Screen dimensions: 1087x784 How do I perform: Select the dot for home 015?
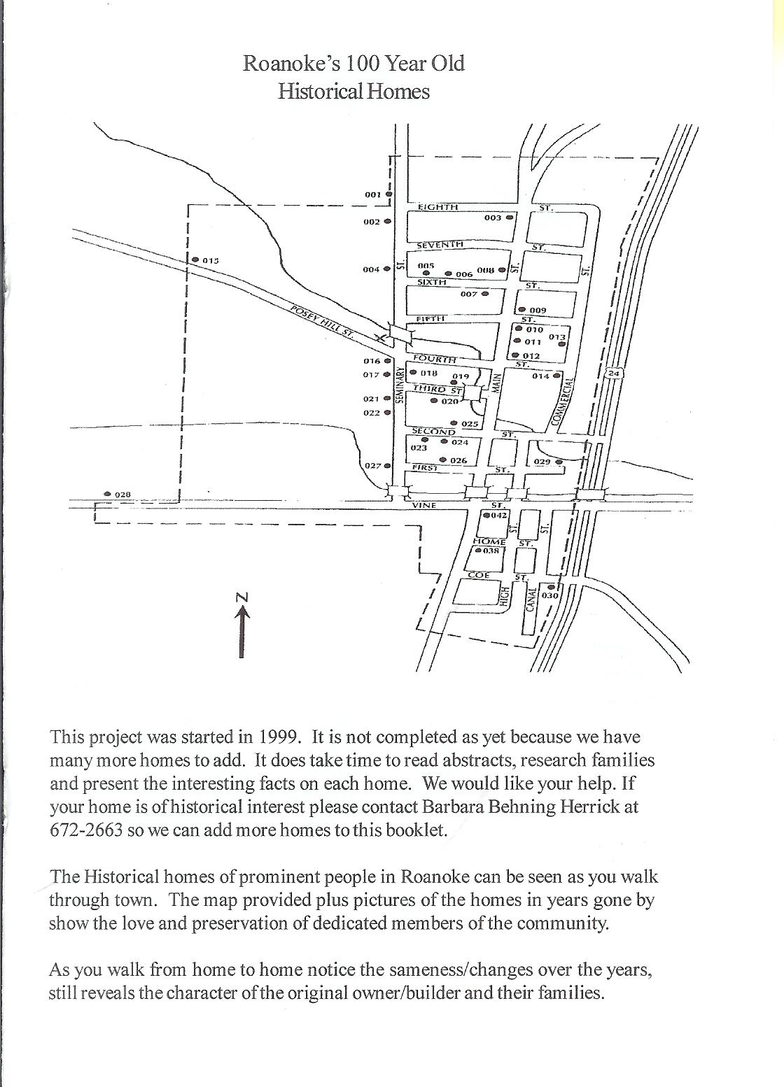[x=195, y=260]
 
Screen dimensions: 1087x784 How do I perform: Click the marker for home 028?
[x=107, y=494]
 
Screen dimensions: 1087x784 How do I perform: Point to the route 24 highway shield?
[x=614, y=373]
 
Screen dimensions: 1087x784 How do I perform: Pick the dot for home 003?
[x=510, y=218]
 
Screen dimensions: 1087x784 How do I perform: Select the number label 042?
[x=499, y=516]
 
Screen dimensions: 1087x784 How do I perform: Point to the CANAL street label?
[x=530, y=597]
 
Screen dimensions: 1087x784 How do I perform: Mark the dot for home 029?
[x=559, y=462]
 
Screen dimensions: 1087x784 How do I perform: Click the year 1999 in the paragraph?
[x=280, y=737]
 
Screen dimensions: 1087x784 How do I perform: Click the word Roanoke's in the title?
[x=293, y=64]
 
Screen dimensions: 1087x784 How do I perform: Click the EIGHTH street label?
[x=437, y=207]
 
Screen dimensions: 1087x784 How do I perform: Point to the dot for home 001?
[x=388, y=194]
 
